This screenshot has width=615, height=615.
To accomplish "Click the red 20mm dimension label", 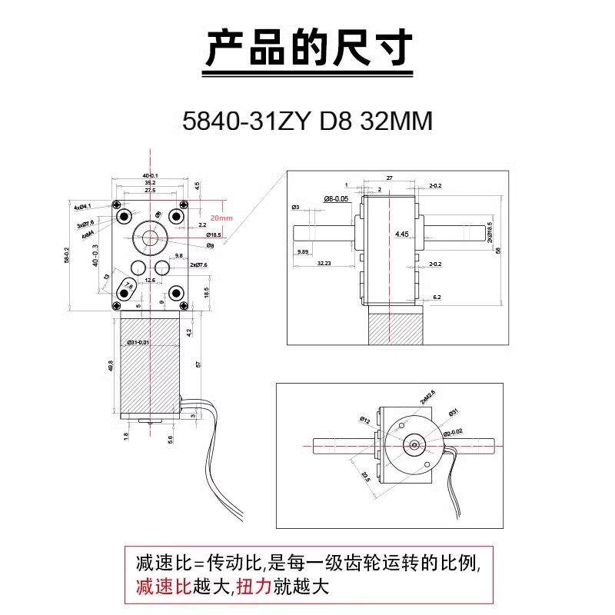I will coord(221,218).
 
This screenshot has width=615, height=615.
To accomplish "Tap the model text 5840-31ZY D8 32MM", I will coord(307,121).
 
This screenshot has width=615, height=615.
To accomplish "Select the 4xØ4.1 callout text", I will coord(82,207).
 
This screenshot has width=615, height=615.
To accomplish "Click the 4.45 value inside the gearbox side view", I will coord(401,233).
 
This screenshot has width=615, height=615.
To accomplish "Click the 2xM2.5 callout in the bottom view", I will coord(428,397).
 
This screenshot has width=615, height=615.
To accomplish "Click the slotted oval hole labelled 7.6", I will coord(127,290).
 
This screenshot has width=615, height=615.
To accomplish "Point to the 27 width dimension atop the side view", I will coord(390,178).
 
